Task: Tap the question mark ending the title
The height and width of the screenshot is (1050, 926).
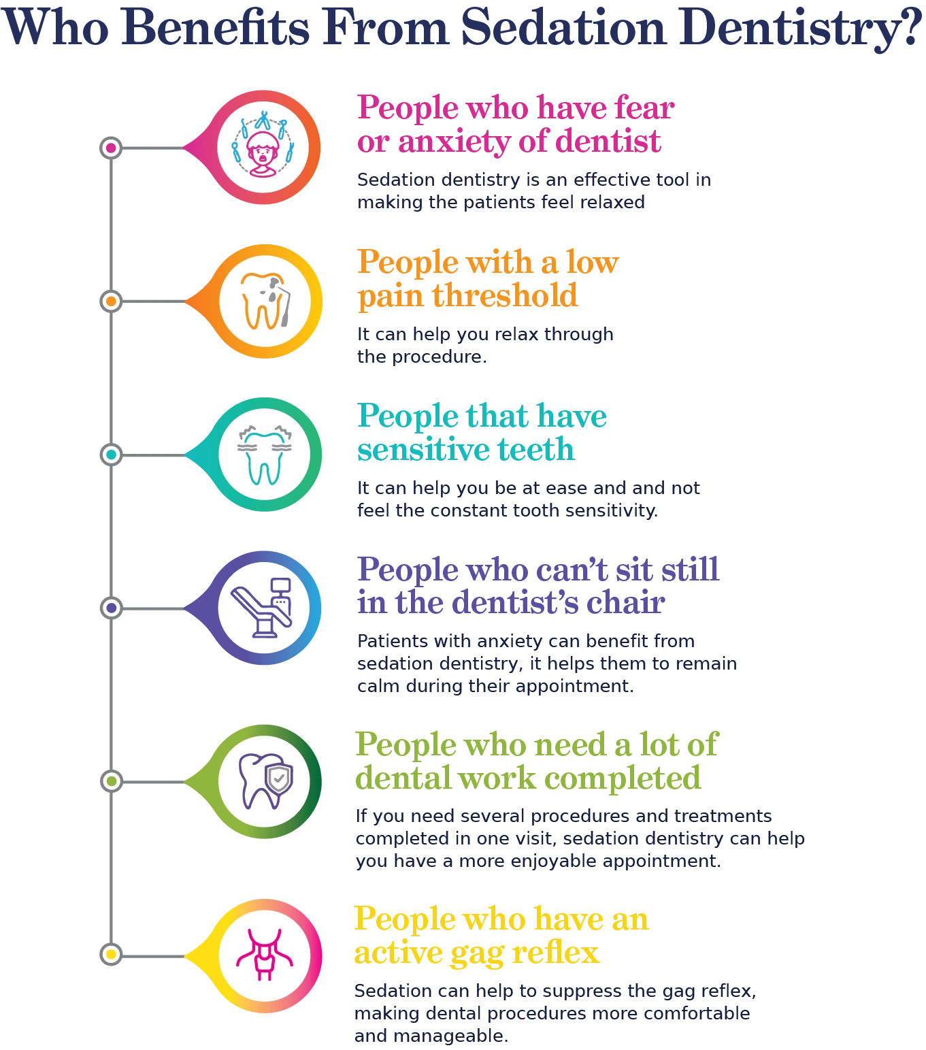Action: tap(909, 29)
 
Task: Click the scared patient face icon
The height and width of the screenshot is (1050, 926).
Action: tap(263, 148)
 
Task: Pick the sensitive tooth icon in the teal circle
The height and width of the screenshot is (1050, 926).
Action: tap(264, 455)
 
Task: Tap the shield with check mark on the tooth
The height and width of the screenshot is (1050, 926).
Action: tap(279, 778)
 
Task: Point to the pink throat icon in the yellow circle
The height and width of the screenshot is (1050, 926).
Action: tap(264, 954)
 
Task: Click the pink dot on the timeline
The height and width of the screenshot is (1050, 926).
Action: tap(111, 148)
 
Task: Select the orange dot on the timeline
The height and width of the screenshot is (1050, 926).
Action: tap(111, 301)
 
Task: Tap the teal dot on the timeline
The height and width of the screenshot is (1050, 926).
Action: tap(111, 455)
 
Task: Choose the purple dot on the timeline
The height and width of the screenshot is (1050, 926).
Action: tap(111, 608)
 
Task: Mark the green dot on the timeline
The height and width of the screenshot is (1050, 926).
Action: tap(111, 781)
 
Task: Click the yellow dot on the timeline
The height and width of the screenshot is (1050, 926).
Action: tap(111, 954)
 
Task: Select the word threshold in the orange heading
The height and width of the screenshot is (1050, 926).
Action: tap(505, 296)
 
